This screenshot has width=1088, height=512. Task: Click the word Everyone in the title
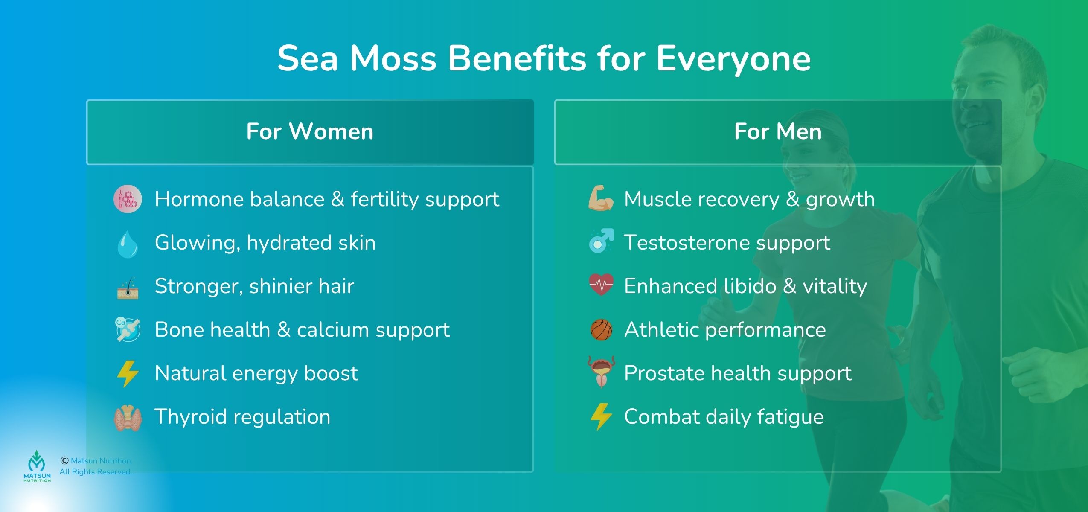click(733, 59)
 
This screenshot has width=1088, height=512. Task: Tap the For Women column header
click(310, 132)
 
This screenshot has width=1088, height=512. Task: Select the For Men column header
click(777, 132)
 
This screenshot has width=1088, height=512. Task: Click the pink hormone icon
click(127, 199)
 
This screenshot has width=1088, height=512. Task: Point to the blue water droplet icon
click(127, 244)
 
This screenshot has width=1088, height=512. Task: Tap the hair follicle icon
click(128, 287)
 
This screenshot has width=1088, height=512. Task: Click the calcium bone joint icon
click(128, 329)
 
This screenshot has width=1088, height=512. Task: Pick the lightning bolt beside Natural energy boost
click(128, 374)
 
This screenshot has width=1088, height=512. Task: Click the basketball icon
click(601, 330)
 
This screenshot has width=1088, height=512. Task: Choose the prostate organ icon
click(601, 372)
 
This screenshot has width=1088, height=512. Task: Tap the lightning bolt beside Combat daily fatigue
click(601, 416)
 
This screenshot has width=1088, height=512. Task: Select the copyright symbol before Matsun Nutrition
click(64, 460)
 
